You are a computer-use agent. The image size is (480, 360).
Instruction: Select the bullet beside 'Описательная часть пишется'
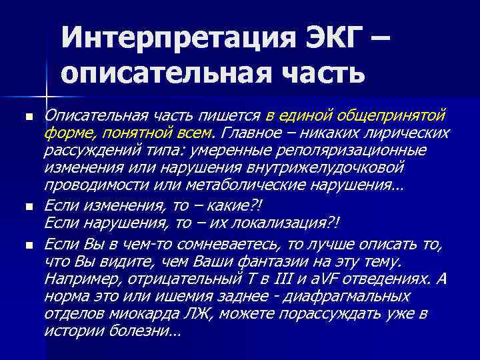tap(29, 117)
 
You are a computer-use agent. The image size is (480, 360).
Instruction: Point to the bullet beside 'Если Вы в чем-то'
tap(29, 245)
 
